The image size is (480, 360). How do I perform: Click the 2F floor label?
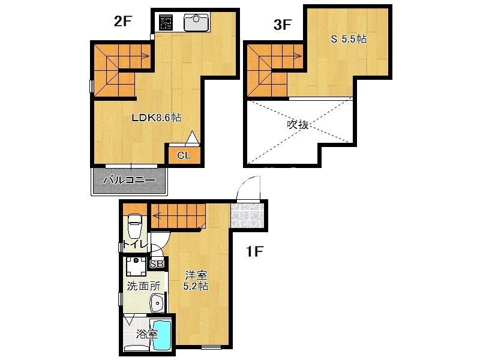pyautogui.click(x=123, y=22)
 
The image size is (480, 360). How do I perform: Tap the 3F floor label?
pyautogui.click(x=282, y=25)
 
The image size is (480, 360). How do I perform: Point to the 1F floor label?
pyautogui.click(x=254, y=251)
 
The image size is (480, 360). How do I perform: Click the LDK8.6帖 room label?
pyautogui.click(x=156, y=118)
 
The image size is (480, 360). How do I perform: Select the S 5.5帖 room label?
pyautogui.click(x=349, y=39)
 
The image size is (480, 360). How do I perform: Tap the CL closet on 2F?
pyautogui.click(x=184, y=155)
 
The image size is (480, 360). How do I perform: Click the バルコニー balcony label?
pyautogui.click(x=129, y=180)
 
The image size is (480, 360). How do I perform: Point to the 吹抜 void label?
pyautogui.click(x=298, y=125)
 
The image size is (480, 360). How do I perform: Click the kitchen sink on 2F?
pyautogui.click(x=196, y=22)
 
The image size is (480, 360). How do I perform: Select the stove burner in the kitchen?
pyautogui.click(x=166, y=22)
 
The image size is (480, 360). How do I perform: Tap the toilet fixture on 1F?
pyautogui.click(x=134, y=226)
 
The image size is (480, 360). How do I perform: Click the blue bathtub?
pyautogui.click(x=161, y=335)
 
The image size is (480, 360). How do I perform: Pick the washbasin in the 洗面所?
pyautogui.click(x=157, y=304)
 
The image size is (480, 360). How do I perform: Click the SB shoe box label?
pyautogui.click(x=157, y=264)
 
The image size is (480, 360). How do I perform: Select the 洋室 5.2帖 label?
pyautogui.click(x=196, y=281)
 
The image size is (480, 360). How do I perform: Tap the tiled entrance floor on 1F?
pyautogui.click(x=247, y=215)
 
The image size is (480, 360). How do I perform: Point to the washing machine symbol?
pyautogui.click(x=136, y=266)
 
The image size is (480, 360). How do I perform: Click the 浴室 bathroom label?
pyautogui.click(x=146, y=334)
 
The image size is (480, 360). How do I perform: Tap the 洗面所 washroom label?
pyautogui.click(x=143, y=286)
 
